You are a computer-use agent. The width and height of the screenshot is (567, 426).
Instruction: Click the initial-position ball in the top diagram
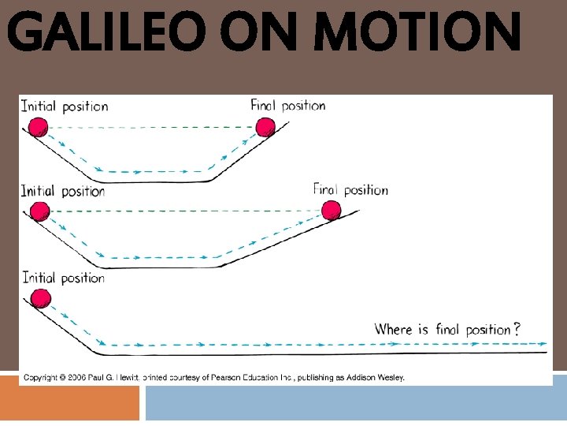[39, 126]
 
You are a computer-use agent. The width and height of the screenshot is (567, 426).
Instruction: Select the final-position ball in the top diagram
[265, 126]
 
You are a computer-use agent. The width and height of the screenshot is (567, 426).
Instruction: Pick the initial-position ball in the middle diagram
[39, 211]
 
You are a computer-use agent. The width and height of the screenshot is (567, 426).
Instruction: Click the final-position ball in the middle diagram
[331, 210]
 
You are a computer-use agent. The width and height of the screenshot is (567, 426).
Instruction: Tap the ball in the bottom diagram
[39, 297]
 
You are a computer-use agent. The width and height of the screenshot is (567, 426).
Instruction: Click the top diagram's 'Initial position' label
[65, 106]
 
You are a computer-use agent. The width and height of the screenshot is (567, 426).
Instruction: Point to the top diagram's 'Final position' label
[288, 105]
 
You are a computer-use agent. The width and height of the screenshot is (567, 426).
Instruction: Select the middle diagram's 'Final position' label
[350, 189]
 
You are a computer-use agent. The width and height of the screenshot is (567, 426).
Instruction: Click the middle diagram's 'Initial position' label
[63, 191]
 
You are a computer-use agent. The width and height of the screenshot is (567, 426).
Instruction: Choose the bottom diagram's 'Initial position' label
[64, 277]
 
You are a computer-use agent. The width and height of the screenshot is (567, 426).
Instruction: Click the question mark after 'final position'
[516, 330]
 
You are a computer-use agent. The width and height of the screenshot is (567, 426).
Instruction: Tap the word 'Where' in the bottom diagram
[393, 330]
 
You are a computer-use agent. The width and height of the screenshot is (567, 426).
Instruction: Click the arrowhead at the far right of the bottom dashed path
[543, 344]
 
